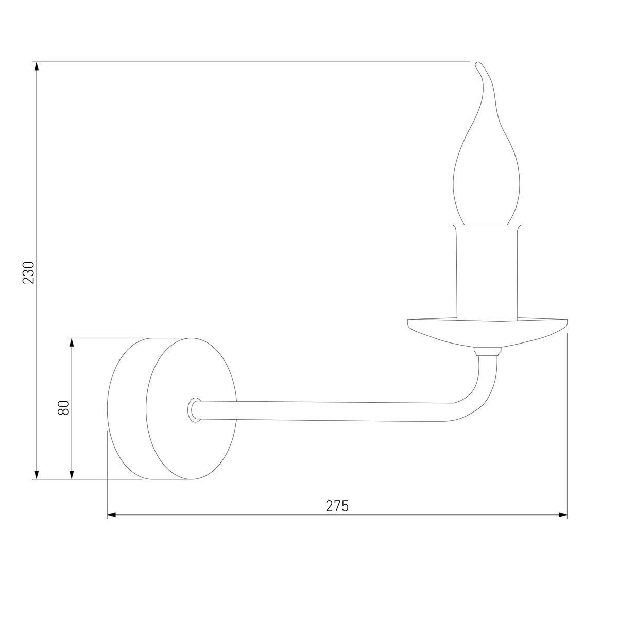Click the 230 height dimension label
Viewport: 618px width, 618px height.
click(28, 272)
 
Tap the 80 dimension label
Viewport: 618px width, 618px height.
click(63, 408)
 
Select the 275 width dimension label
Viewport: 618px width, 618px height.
click(337, 506)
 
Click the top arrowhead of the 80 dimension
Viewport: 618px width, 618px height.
click(72, 344)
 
